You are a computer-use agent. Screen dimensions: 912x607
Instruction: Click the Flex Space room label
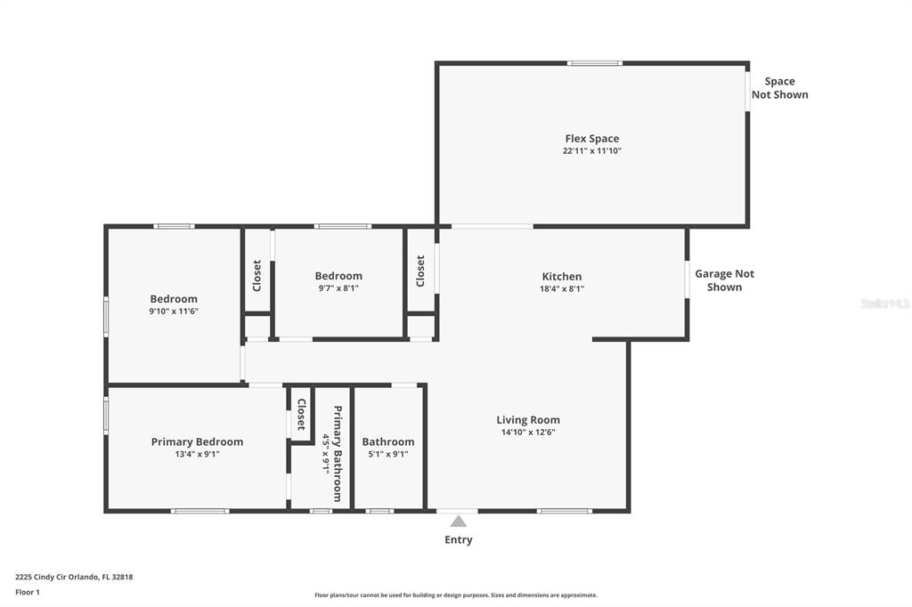[x=591, y=138]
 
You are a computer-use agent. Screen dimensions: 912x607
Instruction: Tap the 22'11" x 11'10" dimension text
[x=591, y=150]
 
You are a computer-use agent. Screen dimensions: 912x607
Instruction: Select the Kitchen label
[x=561, y=276]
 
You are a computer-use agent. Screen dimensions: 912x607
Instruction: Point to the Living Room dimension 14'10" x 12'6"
[x=528, y=432]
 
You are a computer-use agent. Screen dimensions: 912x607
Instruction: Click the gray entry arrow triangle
[x=459, y=521]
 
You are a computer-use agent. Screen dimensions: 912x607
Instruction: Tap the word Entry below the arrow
[x=459, y=539]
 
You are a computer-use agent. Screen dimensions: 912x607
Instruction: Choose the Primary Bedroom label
[x=197, y=441]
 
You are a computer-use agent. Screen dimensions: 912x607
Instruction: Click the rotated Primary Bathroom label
[x=338, y=454]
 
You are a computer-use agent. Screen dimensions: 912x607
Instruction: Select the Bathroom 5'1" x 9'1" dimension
[x=388, y=454]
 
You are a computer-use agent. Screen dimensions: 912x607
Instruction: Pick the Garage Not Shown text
[x=724, y=280]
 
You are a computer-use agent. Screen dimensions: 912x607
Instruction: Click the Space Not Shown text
[x=780, y=88]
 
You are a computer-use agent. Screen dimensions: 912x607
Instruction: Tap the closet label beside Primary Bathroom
[x=301, y=414]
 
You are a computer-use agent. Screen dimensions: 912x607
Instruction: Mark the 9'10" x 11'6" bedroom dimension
[x=174, y=311]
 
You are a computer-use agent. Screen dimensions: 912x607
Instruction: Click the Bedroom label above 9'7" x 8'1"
[x=338, y=276]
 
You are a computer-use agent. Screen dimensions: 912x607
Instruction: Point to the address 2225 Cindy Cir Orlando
[x=74, y=577]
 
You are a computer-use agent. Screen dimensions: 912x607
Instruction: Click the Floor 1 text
[x=28, y=592]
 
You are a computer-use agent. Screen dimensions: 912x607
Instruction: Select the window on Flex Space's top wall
[x=594, y=63]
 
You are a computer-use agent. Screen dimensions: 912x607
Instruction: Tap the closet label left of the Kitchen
[x=420, y=271]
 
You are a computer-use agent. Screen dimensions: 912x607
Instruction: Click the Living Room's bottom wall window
[x=564, y=511]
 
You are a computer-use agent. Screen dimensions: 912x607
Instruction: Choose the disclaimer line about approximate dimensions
[x=456, y=595]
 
